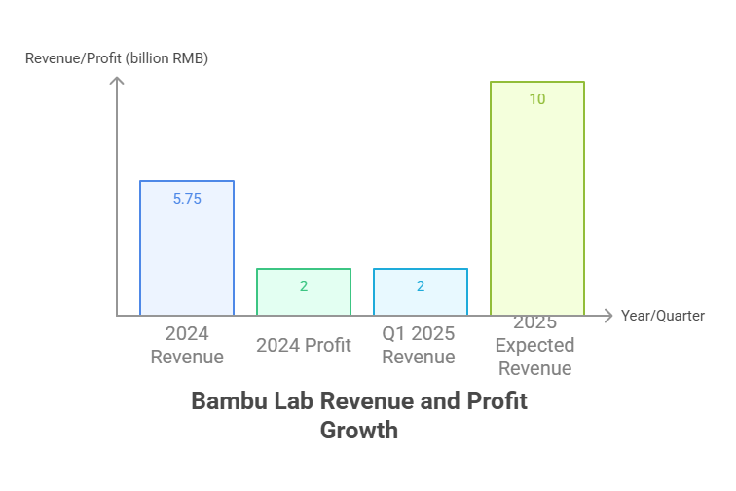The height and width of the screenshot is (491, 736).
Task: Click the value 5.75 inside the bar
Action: pyautogui.click(x=187, y=198)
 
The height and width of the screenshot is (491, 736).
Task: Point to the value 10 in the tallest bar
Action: pyautogui.click(x=537, y=99)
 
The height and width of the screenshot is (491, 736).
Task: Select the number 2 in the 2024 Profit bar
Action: pyautogui.click(x=304, y=286)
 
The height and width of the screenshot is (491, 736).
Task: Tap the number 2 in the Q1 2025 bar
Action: pyautogui.click(x=421, y=286)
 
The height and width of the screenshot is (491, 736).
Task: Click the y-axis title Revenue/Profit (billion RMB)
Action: pyautogui.click(x=117, y=58)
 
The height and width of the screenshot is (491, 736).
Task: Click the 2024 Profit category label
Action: pyautogui.click(x=304, y=345)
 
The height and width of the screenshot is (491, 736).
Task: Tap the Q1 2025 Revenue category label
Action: pyautogui.click(x=419, y=345)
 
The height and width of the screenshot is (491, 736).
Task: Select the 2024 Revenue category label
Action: pyautogui.click(x=187, y=345)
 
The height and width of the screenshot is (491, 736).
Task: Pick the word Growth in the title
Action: pyautogui.click(x=359, y=429)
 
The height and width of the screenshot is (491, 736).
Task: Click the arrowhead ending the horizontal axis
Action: pyautogui.click(x=609, y=316)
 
